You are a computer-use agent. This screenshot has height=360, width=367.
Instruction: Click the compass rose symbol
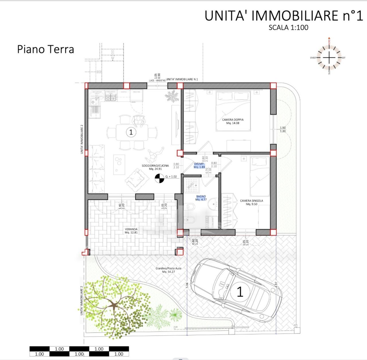(x=329, y=58)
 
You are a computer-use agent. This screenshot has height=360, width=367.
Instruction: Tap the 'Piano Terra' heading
(x=46, y=49)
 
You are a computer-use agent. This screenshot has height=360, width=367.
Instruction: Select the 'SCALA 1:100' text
(x=288, y=27)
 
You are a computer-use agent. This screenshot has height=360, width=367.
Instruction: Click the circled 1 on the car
(x=240, y=292)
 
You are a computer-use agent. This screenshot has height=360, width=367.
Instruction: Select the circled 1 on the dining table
(x=131, y=132)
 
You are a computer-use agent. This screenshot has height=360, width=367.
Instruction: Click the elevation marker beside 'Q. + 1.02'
(x=159, y=178)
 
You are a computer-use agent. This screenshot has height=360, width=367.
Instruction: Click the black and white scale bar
(x=79, y=351)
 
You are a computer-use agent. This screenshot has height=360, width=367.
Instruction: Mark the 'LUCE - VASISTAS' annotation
(x=157, y=80)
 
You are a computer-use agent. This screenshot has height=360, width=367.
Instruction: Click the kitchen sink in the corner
(x=94, y=102)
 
